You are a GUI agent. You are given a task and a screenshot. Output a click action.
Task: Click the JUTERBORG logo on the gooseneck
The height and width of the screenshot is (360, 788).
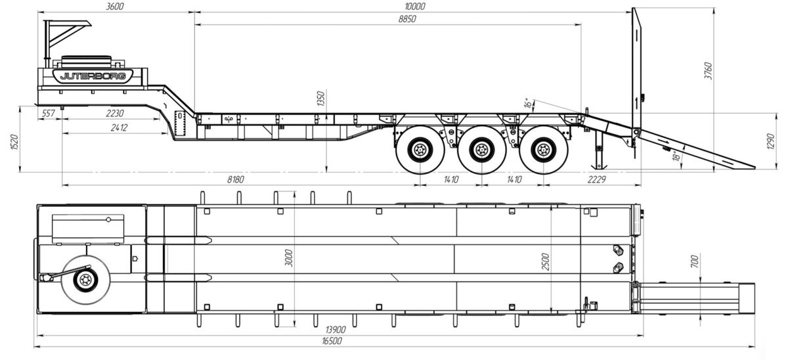pos(93,76)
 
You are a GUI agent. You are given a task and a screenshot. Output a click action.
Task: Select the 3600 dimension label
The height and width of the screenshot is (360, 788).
pos(115,7)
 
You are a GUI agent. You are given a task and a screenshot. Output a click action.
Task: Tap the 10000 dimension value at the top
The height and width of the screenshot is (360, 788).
pos(415,7)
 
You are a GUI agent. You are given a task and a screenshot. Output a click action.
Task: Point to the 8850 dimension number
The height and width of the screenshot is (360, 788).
pos(407,19)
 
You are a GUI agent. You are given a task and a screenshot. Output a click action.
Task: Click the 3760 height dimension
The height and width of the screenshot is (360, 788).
pos(709,71)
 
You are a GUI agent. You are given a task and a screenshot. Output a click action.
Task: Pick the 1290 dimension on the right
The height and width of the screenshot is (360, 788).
pos(770,141)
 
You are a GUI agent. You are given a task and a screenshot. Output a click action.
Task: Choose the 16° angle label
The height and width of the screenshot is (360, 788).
pos(528,102)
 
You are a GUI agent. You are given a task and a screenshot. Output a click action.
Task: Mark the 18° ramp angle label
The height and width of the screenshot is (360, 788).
pos(676,156)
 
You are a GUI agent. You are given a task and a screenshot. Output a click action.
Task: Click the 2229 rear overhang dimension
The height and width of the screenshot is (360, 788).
pos(597,179)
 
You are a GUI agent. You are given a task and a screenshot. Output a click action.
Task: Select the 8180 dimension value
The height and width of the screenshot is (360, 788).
pos(235,179)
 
